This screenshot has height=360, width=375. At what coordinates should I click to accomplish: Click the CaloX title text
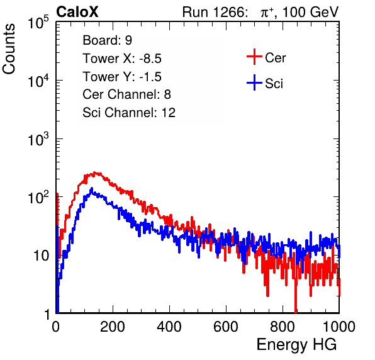pyautogui.click(x=77, y=12)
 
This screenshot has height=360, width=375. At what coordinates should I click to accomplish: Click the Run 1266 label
pyautogui.click(x=214, y=12)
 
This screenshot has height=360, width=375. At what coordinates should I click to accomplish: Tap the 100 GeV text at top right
pyautogui.click(x=310, y=12)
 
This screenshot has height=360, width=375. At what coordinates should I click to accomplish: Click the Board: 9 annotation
pyautogui.click(x=107, y=40)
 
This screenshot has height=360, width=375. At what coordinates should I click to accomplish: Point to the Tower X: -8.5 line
pyautogui.click(x=122, y=59)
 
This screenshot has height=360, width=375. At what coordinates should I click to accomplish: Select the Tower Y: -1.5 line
pyautogui.click(x=122, y=77)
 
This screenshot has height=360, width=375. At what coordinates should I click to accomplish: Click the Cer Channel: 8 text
pyautogui.click(x=126, y=94)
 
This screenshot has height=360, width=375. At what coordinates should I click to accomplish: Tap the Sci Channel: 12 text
pyautogui.click(x=129, y=113)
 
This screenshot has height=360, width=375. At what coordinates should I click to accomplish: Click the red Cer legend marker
pyautogui.click(x=254, y=57)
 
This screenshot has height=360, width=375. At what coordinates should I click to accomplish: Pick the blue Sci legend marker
pyautogui.click(x=254, y=82)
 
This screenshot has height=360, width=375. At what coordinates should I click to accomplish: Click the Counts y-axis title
pyautogui.click(x=9, y=49)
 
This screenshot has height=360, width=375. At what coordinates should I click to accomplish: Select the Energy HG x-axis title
pyautogui.click(x=296, y=344)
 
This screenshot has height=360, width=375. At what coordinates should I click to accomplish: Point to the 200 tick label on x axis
pyautogui.click(x=113, y=327)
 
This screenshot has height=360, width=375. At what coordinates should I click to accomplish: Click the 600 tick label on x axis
pyautogui.click(x=226, y=327)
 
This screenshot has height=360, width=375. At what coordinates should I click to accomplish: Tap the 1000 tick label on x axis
pyautogui.click(x=339, y=327)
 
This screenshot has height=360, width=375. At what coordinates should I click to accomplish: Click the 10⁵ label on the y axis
pyautogui.click(x=38, y=23)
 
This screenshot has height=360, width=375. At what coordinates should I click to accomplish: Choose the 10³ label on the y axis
pyautogui.click(x=38, y=139)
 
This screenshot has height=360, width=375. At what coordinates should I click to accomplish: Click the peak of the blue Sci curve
pyautogui.click(x=92, y=188)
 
